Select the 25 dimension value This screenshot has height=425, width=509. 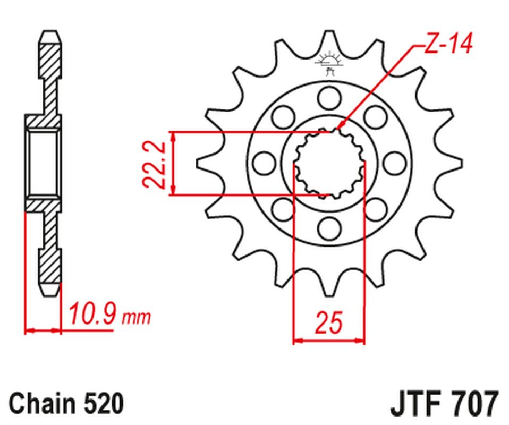[329, 322]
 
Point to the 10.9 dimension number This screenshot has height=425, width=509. [92, 313]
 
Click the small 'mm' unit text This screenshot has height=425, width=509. [136, 317]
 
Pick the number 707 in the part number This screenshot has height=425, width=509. [475, 404]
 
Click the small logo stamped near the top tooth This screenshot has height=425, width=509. [329, 63]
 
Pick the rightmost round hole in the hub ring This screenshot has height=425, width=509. [395, 163]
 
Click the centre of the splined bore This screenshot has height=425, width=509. [329, 163]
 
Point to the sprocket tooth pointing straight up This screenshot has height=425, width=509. [329, 40]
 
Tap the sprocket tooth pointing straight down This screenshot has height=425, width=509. [329, 284]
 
